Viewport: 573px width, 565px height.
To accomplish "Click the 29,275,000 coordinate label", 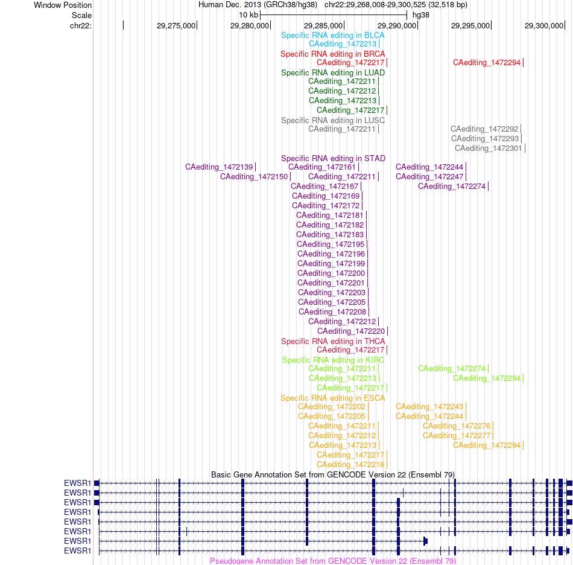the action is [x=176, y=25].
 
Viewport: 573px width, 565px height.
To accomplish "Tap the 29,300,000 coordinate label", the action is [x=544, y=25].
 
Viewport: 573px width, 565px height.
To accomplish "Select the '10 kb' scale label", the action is [x=249, y=15].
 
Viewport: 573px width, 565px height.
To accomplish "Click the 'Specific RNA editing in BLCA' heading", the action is [x=332, y=36].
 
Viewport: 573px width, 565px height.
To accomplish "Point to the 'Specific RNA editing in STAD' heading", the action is [x=334, y=158].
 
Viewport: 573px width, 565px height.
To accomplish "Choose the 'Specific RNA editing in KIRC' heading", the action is [x=334, y=360].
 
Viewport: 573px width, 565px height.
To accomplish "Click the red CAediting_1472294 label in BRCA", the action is [x=486, y=63].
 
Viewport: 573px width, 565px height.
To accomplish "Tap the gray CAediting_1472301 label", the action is [x=488, y=148].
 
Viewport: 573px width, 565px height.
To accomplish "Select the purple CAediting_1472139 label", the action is [x=219, y=167].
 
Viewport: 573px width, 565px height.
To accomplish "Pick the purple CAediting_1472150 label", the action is [x=254, y=177].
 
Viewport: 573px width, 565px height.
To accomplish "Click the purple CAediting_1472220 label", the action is [x=351, y=331].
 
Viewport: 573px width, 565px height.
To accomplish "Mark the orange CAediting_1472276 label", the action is [x=457, y=426].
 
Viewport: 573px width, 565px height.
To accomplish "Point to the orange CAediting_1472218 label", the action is [x=350, y=464].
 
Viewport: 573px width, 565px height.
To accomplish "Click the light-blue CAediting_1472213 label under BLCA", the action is [x=343, y=44].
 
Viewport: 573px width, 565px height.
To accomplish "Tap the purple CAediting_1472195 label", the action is [x=331, y=244].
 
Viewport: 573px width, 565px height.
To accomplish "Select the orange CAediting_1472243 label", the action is [x=429, y=407].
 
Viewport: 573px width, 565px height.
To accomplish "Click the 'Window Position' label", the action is [x=63, y=5].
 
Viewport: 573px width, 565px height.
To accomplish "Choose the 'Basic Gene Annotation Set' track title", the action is [x=333, y=474].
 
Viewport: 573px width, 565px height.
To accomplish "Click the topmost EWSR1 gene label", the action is [x=77, y=483].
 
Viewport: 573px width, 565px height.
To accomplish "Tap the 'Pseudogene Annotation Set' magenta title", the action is [x=333, y=561].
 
